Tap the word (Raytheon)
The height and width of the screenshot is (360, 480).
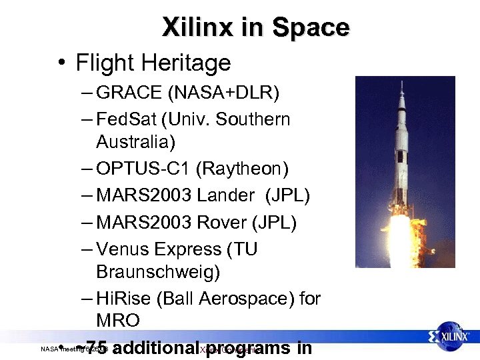(247, 170)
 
